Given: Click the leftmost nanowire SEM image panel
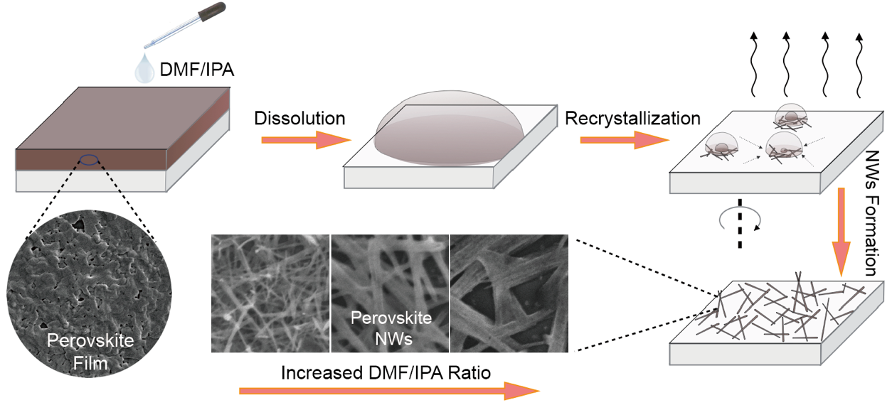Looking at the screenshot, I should pos(270,293).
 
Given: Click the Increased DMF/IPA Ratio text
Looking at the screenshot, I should pos(386,372).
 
